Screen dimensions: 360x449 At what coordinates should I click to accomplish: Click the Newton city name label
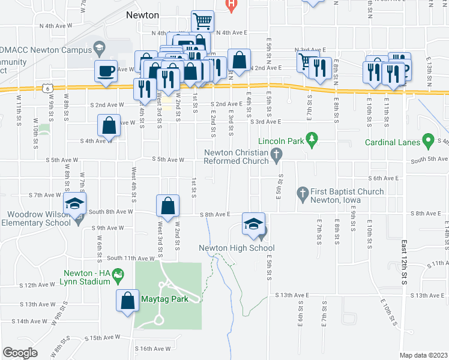(x=143, y=15)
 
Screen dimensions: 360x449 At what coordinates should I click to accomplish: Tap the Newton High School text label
(x=237, y=248)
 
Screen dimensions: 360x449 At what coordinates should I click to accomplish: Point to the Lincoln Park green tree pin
(x=312, y=141)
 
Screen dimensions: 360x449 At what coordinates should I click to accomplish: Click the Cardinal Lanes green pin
(x=428, y=142)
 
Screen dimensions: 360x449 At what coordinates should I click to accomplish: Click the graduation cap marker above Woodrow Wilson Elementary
(x=75, y=204)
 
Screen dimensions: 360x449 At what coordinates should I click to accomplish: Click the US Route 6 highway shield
(x=47, y=88)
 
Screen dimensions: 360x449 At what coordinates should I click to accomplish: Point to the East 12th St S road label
(x=403, y=258)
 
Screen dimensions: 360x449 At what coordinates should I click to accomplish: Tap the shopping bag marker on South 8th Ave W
(x=168, y=205)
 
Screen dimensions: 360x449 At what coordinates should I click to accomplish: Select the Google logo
(x=20, y=353)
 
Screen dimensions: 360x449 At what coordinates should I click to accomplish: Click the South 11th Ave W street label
(x=130, y=257)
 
